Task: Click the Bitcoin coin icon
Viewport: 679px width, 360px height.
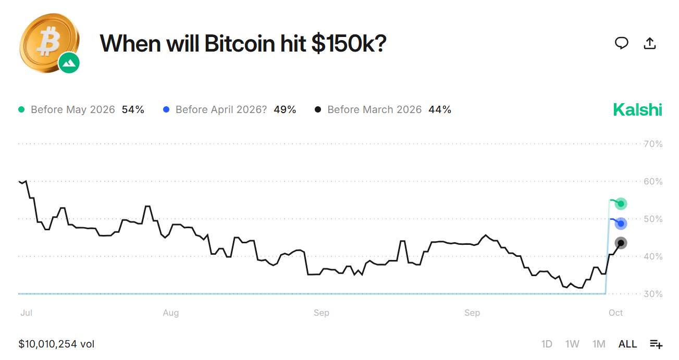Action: coord(48,42)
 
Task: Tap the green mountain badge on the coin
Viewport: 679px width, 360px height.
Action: coord(69,63)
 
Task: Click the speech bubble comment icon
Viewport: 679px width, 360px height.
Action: coord(621,43)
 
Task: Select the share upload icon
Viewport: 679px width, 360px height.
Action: coord(649,43)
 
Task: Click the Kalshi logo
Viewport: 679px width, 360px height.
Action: coord(637,109)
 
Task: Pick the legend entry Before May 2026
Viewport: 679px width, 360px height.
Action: coord(72,109)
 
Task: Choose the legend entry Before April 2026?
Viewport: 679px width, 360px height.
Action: coord(221,109)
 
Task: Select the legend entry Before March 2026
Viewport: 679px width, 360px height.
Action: coord(374,109)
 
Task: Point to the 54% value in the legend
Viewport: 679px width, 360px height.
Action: coord(133,109)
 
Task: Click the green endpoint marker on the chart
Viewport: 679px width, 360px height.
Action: coord(621,204)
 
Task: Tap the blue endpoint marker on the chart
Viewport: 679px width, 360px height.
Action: coord(621,224)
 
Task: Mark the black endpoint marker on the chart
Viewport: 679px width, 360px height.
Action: coord(621,243)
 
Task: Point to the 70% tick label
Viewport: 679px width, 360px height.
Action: coord(653,144)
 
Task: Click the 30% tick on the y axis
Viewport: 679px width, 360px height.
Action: coord(653,294)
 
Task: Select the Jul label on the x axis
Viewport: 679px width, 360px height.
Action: coord(26,313)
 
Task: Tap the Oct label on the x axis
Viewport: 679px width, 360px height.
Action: coord(616,313)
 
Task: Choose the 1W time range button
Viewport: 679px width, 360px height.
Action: coord(572,344)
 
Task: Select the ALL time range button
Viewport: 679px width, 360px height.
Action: coord(627,344)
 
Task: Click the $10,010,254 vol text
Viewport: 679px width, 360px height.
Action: coord(56,344)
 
